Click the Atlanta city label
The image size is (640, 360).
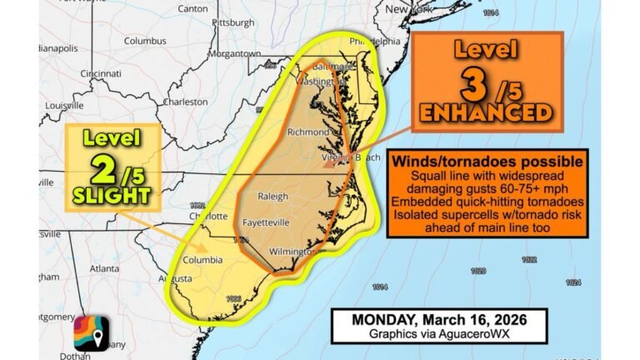104,268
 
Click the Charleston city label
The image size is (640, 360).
186,102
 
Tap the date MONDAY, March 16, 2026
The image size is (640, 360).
438,319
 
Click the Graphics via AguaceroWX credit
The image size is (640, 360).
438,333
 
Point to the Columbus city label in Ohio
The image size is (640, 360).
146,40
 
